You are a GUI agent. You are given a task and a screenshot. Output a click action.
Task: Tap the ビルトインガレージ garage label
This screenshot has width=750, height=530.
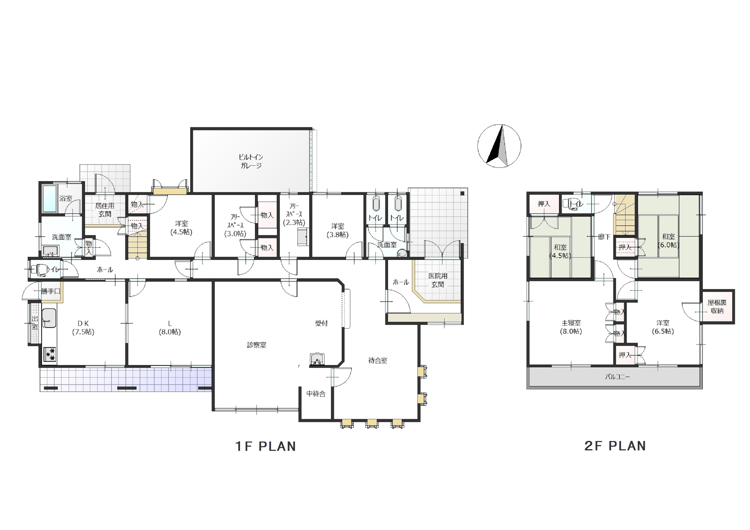251,161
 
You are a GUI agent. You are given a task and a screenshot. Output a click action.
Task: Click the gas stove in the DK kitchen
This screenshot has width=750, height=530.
50,354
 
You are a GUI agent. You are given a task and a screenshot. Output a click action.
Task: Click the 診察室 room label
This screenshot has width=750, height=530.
256,345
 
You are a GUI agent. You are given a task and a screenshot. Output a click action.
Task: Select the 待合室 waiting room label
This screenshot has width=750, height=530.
377,361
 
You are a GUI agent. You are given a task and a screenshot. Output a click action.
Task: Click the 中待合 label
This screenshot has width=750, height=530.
316,394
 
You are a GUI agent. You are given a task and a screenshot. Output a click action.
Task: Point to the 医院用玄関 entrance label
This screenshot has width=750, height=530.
438,280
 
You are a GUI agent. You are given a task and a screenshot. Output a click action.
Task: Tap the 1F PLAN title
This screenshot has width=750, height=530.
265,446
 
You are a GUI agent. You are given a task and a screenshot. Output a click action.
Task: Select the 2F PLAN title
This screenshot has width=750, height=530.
615,446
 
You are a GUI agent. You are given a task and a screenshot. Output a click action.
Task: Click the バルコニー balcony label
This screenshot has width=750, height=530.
617,377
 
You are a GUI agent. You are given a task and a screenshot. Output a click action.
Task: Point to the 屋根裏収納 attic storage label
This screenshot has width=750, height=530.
717,307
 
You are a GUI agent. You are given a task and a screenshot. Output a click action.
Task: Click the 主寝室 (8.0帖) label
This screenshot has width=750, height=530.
571,327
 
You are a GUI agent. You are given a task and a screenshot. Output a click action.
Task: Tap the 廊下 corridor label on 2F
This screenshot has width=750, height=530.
604,237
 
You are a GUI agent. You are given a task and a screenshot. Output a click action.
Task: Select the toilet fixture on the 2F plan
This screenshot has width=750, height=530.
571,203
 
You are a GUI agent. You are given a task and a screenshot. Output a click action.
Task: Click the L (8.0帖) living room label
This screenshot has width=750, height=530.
169,328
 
